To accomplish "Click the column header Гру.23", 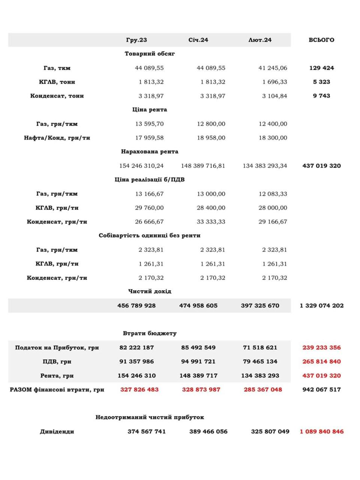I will coord(136,40).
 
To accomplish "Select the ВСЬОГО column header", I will coord(321,40).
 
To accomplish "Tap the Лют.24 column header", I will coord(260,40).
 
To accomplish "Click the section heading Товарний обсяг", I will coord(150,54).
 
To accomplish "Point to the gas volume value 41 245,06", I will coord(273,68).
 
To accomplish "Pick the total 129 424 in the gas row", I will coord(321,68).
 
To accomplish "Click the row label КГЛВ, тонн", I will coord(57,82).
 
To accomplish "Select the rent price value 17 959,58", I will coord(149,138).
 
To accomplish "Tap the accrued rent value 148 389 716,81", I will coord(203,166).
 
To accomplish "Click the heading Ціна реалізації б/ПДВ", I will coord(150,180).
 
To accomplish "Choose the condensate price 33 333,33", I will coord(211,222).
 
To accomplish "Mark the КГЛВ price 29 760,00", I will coord(149,208).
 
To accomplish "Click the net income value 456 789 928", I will coord(136,306).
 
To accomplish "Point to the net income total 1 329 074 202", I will coord(321,306).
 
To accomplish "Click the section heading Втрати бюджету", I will coord(150,333).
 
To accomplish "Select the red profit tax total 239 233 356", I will coord(321,348).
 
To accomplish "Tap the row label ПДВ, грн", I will coord(57,361).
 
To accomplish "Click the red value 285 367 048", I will coord(263,390).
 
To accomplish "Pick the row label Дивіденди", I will coord(57,432).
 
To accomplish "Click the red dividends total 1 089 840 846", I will coord(321,432).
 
